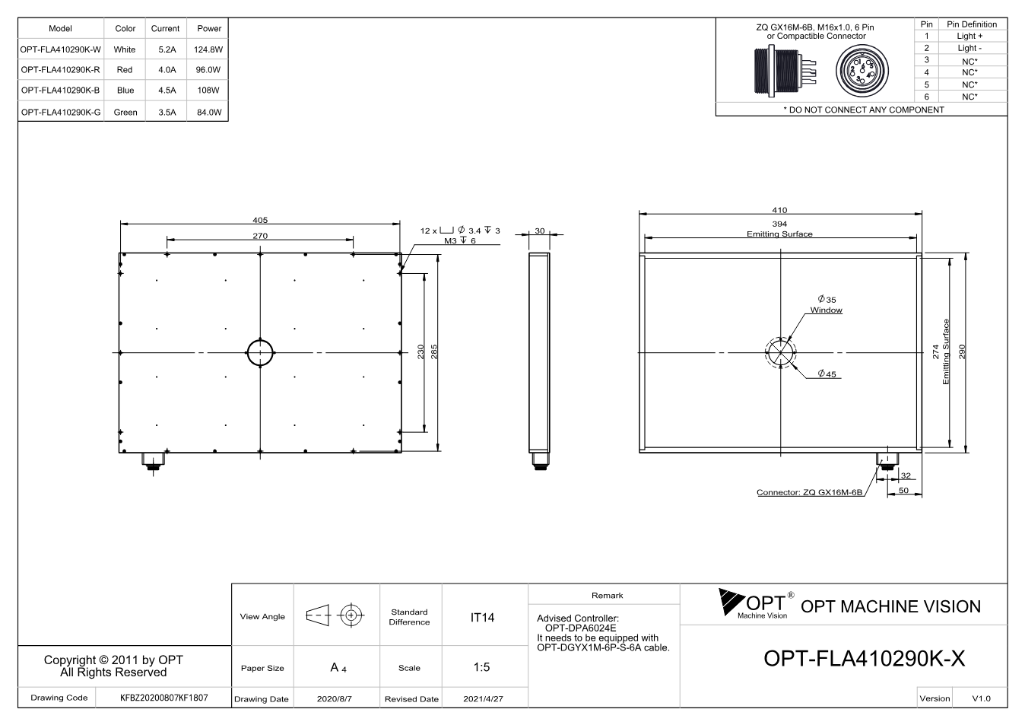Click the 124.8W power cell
click(x=208, y=49)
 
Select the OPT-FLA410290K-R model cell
click(x=60, y=69)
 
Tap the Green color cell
click(x=125, y=112)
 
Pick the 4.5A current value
click(x=167, y=91)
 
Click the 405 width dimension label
click(x=260, y=220)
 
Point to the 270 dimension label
click(x=260, y=236)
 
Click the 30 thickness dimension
click(x=540, y=231)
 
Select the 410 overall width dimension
click(x=779, y=210)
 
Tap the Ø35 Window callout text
click(x=827, y=304)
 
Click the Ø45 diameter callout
click(x=827, y=374)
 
